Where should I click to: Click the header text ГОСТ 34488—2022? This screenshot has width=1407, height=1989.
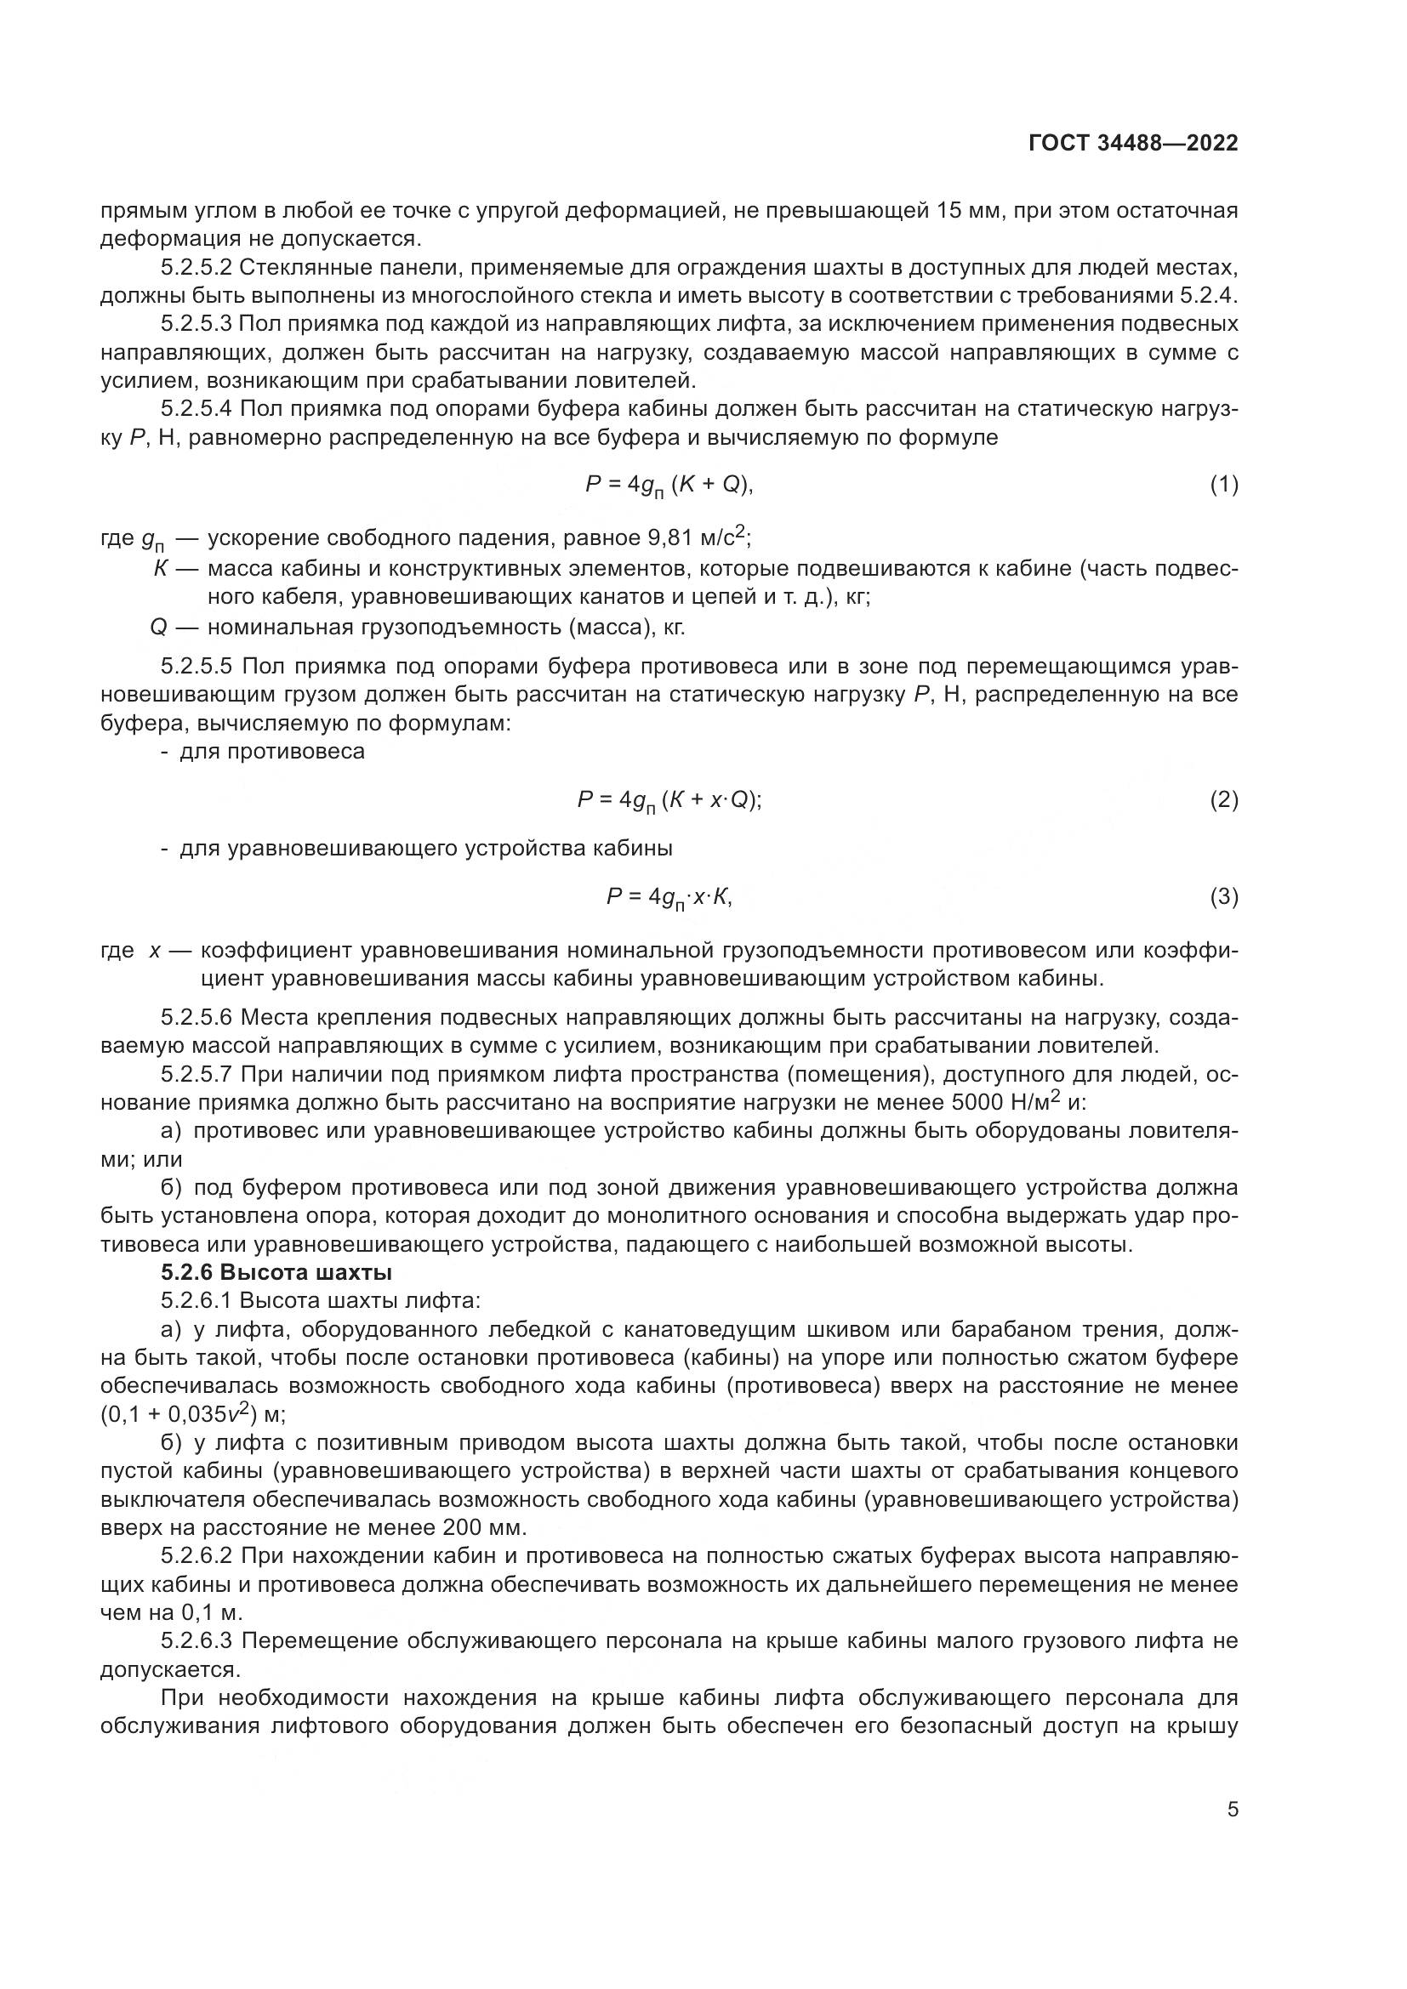pos(1133,144)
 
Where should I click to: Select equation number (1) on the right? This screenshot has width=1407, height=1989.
pos(1223,485)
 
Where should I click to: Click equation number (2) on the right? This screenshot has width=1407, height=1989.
pos(1223,800)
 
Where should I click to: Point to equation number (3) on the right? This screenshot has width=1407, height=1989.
pos(1223,897)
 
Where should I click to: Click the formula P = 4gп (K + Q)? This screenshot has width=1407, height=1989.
pos(669,485)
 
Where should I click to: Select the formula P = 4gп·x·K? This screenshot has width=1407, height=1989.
pos(669,898)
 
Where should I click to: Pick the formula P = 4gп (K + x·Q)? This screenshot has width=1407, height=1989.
pos(669,801)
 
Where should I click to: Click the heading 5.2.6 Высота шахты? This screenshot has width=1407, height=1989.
pos(276,1273)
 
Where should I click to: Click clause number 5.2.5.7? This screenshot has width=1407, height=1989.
pos(197,1075)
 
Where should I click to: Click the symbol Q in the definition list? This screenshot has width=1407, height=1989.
pos(157,628)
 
